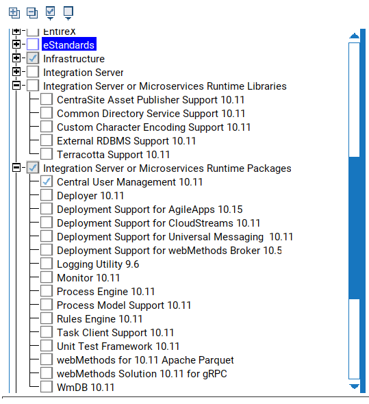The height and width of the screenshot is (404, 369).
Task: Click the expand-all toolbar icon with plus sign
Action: pyautogui.click(x=14, y=13)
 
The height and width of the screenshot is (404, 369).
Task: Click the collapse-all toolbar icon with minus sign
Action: pyautogui.click(x=32, y=13)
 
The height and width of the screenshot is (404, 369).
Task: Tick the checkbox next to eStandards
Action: pyautogui.click(x=33, y=45)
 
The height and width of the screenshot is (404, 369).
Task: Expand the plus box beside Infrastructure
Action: pyautogui.click(x=16, y=58)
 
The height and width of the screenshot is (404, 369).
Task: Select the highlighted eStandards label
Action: pyautogui.click(x=68, y=45)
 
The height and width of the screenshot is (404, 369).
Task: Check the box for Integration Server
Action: pyautogui.click(x=33, y=72)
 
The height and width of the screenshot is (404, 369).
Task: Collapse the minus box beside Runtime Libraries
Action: pyautogui.click(x=16, y=86)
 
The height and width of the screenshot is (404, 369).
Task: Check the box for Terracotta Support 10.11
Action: pyautogui.click(x=47, y=154)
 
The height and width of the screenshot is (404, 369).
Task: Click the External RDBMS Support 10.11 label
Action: pyautogui.click(x=126, y=141)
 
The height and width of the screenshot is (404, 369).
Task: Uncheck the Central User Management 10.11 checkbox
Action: pyautogui.click(x=47, y=181)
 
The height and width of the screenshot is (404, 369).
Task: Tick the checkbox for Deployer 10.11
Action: pyautogui.click(x=47, y=194)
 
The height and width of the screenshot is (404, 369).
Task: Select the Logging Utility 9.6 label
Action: pyautogui.click(x=98, y=264)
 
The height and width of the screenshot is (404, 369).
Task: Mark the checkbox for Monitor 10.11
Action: pyautogui.click(x=47, y=277)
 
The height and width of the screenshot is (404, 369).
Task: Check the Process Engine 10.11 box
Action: pyautogui.click(x=47, y=290)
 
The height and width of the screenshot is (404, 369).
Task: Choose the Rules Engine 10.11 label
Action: pyautogui.click(x=99, y=319)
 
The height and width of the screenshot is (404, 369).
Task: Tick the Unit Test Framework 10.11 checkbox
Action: pyautogui.click(x=47, y=345)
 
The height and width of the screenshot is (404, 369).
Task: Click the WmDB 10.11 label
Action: pyautogui.click(x=86, y=388)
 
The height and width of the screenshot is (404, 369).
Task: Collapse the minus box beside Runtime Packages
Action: pyautogui.click(x=16, y=168)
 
